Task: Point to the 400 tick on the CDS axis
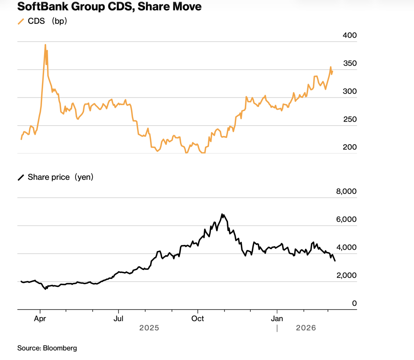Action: point(349,36)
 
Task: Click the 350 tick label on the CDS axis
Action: point(349,63)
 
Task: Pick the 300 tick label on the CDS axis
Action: point(349,91)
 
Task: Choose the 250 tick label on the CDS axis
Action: point(349,119)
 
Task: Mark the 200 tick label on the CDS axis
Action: point(349,147)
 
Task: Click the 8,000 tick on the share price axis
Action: point(346,192)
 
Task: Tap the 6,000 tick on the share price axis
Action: point(346,219)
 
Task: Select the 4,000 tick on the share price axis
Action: point(346,247)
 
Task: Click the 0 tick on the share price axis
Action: point(354,303)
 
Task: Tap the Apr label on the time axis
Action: point(40,318)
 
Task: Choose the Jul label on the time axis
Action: point(118,318)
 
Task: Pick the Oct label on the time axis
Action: point(198,318)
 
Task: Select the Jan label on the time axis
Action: point(277,318)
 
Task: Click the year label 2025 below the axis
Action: point(149,328)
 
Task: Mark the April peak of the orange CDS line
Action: point(45,45)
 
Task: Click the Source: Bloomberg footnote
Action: point(47,348)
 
